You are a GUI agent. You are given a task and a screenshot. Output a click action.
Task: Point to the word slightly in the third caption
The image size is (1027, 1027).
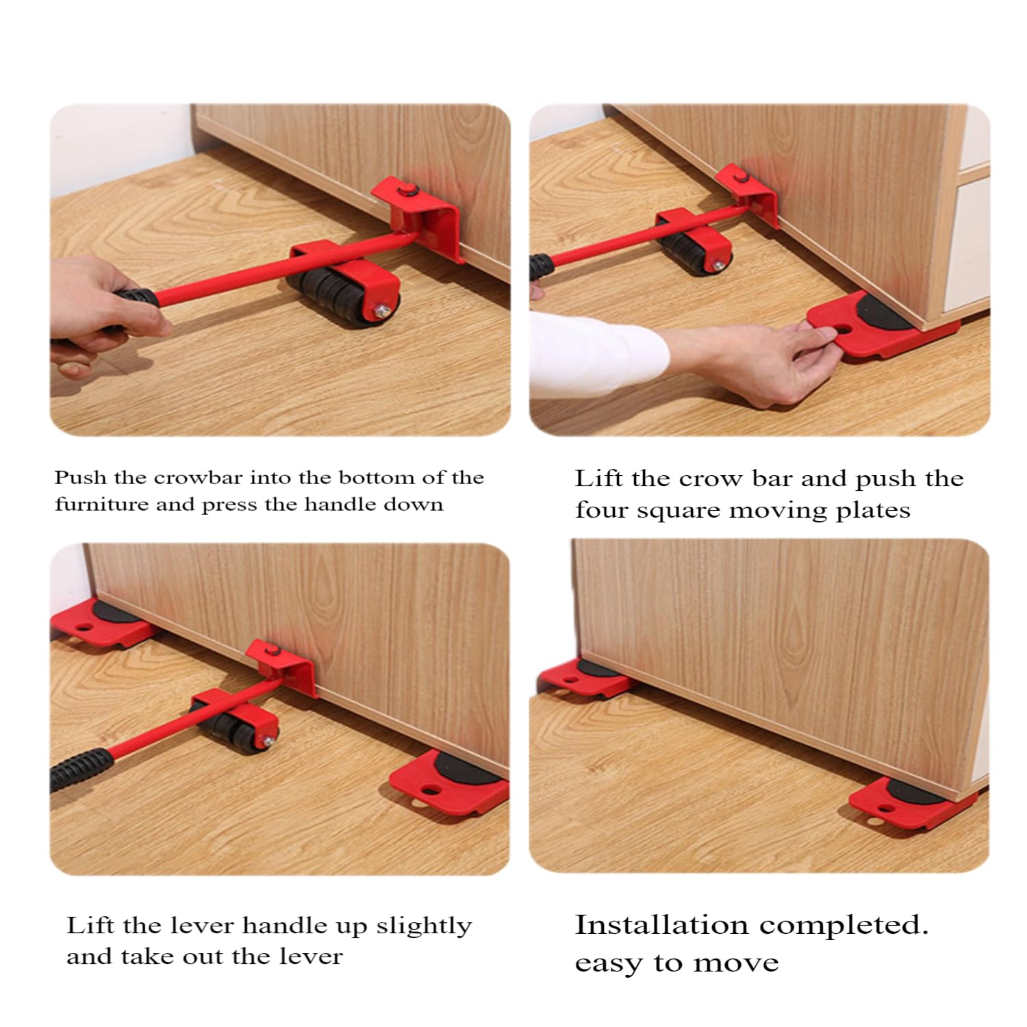tap(424, 926)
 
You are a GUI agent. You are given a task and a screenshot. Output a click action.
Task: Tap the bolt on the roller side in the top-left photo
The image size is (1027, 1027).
tap(379, 312)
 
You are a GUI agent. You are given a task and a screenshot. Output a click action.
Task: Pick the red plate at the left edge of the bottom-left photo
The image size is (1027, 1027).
tap(99, 622)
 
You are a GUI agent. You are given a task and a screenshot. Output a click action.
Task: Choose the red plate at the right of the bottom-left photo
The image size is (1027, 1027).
tap(449, 781)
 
